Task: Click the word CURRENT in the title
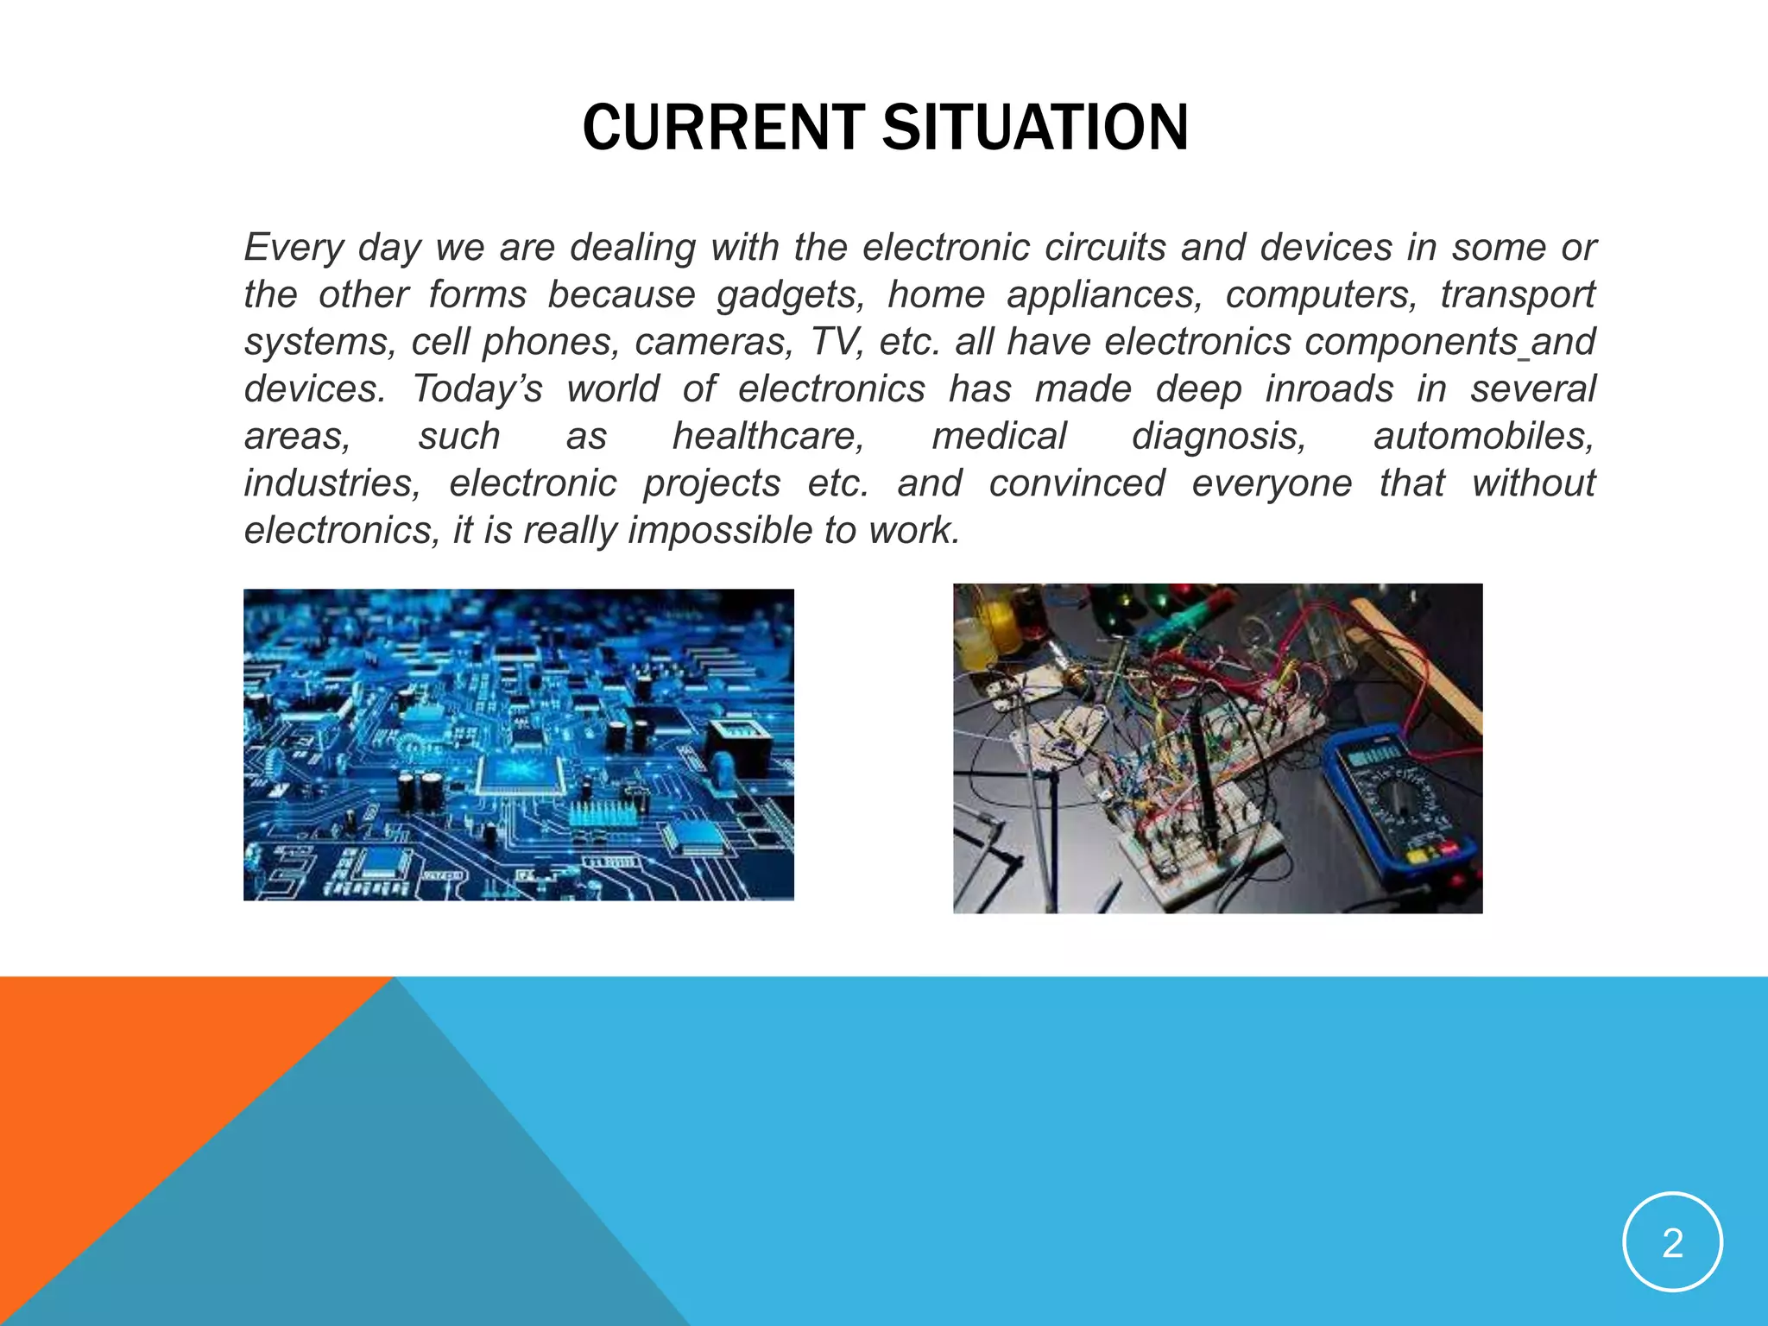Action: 723,128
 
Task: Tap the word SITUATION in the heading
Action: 1034,128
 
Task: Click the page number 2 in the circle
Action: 1672,1243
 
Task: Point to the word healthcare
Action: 768,436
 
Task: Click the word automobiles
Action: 1483,436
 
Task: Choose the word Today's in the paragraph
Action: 477,389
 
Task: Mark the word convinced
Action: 1077,483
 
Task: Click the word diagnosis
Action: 1218,436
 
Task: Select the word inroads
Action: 1329,389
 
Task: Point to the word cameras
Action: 713,342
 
